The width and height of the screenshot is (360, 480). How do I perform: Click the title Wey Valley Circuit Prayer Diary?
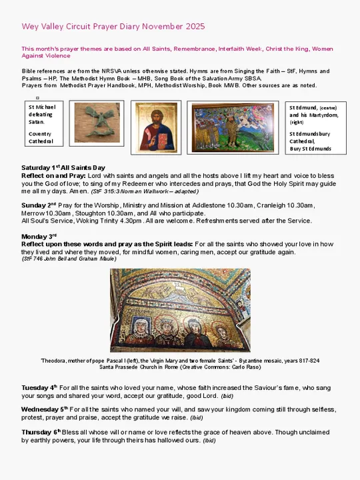113,27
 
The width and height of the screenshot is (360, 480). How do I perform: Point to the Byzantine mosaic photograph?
180,310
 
